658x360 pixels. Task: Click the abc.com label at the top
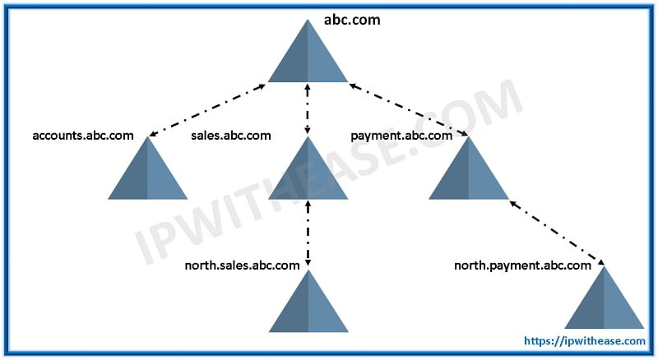coord(352,20)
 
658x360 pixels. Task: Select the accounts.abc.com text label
coord(83,136)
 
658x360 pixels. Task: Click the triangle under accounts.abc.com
coord(148,168)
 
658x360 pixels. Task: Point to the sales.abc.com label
coord(231,136)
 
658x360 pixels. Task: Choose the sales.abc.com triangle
coord(308,168)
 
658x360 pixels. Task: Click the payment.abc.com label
coord(401,136)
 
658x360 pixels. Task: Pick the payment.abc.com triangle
coord(469,168)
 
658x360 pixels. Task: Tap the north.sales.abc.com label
coord(242,265)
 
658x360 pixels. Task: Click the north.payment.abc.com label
coord(523,265)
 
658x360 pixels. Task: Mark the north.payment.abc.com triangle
coord(605,298)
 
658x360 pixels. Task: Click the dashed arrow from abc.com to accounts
coord(207,110)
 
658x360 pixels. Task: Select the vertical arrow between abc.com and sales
coord(308,109)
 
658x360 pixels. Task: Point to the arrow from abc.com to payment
coord(409,110)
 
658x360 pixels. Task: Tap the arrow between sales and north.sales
coord(308,233)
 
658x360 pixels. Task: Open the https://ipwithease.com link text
coord(585,341)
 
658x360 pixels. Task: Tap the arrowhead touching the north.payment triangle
coord(601,262)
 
